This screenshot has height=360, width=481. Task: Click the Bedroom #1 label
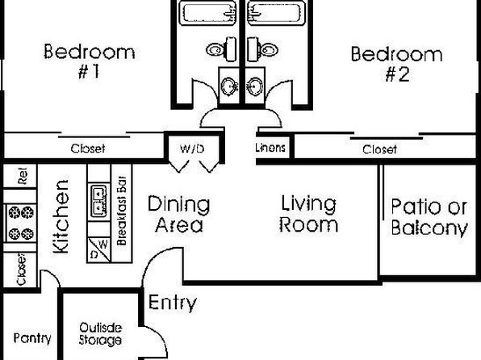pyautogui.click(x=90, y=61)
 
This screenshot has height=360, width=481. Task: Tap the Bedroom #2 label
pyautogui.click(x=396, y=64)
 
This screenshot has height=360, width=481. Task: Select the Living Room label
pyautogui.click(x=308, y=214)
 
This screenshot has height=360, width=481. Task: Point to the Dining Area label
pyautogui.click(x=179, y=214)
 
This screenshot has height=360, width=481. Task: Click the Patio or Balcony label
pyautogui.click(x=429, y=217)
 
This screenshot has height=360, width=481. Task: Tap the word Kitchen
pyautogui.click(x=61, y=216)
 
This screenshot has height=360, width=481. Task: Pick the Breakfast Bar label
pyautogui.click(x=122, y=211)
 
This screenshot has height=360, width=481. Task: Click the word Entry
pyautogui.click(x=173, y=303)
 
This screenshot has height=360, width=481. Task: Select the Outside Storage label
pyautogui.click(x=100, y=334)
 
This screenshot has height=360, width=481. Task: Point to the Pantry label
pyautogui.click(x=32, y=338)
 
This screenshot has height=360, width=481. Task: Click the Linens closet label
pyautogui.click(x=270, y=148)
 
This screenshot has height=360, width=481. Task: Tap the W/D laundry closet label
pyautogui.click(x=192, y=149)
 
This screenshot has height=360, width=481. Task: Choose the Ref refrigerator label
pyautogui.click(x=23, y=176)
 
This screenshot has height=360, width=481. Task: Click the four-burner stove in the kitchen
pyautogui.click(x=21, y=223)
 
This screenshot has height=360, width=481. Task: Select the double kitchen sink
pyautogui.click(x=98, y=200)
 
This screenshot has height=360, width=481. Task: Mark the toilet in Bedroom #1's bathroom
pyautogui.click(x=221, y=49)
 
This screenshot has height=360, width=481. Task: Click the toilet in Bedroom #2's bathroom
pyautogui.click(x=263, y=49)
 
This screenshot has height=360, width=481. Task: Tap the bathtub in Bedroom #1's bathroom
pyautogui.click(x=207, y=12)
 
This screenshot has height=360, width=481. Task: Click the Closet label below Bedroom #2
pyautogui.click(x=379, y=149)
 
